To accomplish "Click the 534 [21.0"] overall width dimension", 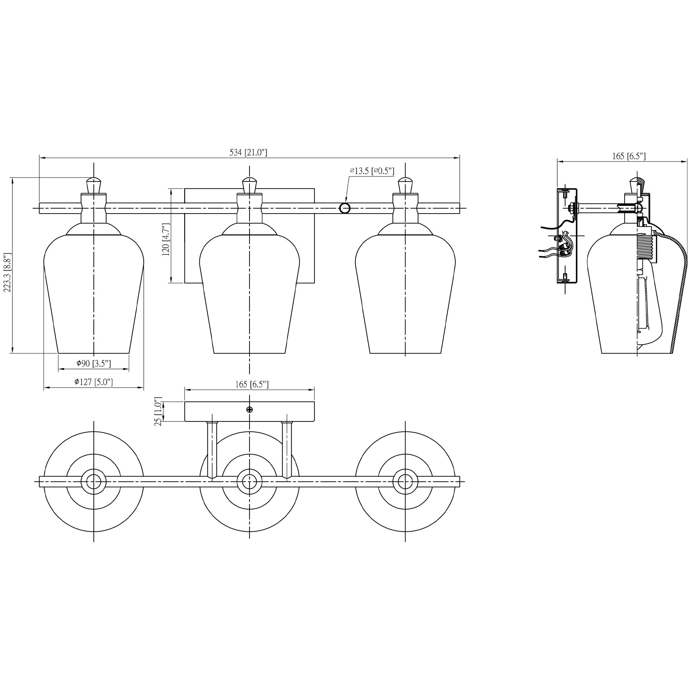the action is (x=248, y=152).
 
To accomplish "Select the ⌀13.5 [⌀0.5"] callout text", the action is (x=372, y=171).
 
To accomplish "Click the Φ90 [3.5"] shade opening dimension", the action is (x=93, y=364).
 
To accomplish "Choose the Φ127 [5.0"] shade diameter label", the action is (x=93, y=382).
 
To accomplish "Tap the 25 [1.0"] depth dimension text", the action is (x=159, y=411).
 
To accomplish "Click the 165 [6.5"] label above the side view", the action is (x=629, y=156).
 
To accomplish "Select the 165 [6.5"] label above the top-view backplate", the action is (x=249, y=384).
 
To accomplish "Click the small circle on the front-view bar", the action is (x=344, y=208).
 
